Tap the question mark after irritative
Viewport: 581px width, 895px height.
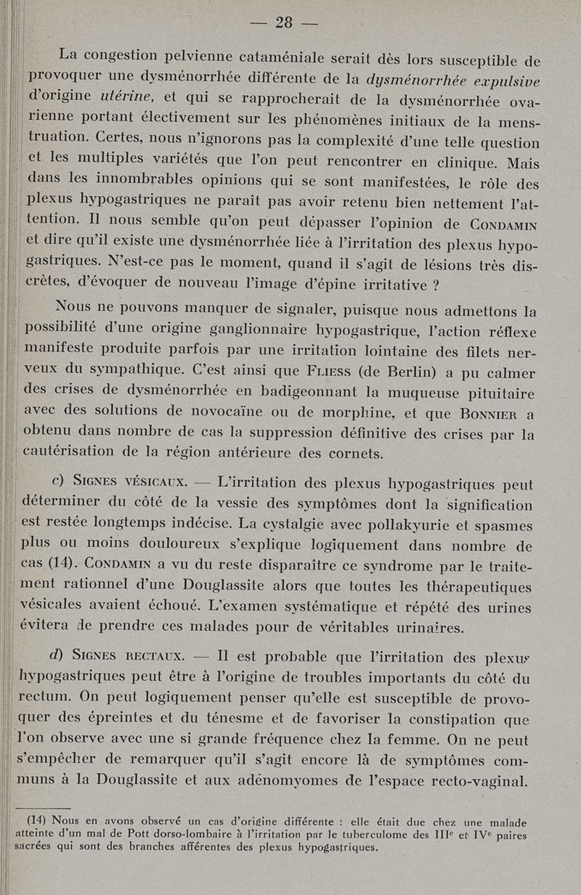click(434, 285)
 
